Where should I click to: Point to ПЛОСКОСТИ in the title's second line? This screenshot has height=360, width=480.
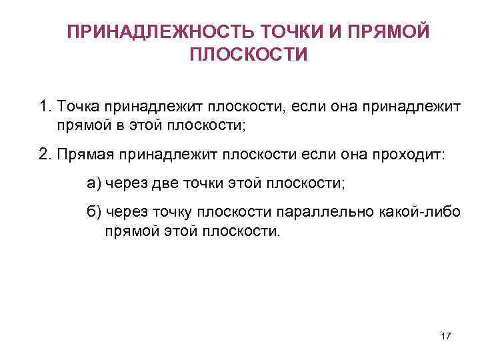249,54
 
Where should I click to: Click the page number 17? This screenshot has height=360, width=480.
446,337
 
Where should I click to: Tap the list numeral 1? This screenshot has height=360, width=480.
44,106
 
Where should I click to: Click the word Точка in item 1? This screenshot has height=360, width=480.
78,106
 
